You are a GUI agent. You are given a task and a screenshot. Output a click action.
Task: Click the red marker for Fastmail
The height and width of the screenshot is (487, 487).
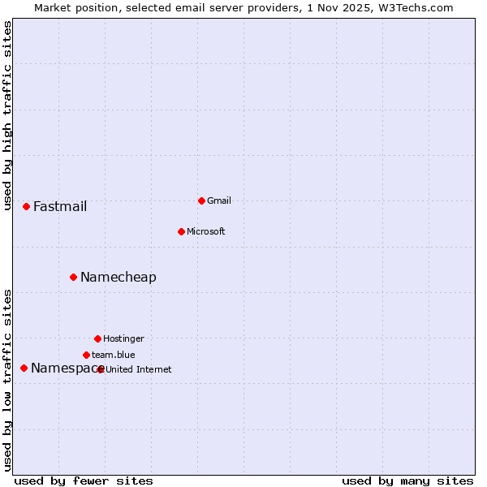point(26,206)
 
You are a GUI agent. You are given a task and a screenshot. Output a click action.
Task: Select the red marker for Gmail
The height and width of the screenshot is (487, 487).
point(201,200)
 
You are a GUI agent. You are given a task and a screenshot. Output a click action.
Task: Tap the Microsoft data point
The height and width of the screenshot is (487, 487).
point(181,231)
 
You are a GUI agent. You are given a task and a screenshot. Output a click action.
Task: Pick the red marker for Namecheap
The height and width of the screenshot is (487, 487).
point(73,277)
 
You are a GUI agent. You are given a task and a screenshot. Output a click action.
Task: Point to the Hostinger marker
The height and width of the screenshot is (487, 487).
point(97,338)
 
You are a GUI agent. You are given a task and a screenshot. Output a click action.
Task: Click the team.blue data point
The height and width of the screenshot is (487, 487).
point(86,355)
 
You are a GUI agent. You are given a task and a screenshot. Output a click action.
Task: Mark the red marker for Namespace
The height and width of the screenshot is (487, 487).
point(24,368)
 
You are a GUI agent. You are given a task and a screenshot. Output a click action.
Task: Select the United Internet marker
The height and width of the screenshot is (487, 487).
point(101,369)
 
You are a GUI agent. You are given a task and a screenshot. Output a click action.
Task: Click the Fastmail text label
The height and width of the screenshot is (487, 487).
point(60,206)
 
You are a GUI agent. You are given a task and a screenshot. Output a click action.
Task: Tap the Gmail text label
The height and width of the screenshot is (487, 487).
point(219,200)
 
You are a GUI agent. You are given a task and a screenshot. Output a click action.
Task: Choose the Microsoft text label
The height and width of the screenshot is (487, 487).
point(206,231)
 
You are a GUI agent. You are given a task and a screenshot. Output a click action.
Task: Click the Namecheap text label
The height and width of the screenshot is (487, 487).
point(119,277)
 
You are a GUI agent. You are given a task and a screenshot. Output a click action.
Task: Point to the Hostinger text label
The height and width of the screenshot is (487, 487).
point(123,338)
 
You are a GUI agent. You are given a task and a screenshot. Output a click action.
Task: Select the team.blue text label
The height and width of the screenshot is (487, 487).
point(114,355)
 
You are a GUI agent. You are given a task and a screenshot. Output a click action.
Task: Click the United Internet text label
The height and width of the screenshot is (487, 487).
point(139,369)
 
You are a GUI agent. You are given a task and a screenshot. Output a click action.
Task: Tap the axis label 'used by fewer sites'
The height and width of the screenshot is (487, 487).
point(84,481)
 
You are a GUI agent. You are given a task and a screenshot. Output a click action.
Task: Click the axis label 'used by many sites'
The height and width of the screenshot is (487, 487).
point(407,481)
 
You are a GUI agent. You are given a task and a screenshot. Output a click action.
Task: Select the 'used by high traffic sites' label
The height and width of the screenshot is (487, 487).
point(8,115)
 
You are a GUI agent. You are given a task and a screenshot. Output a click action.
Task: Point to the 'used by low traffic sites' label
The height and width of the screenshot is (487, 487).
point(8,380)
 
